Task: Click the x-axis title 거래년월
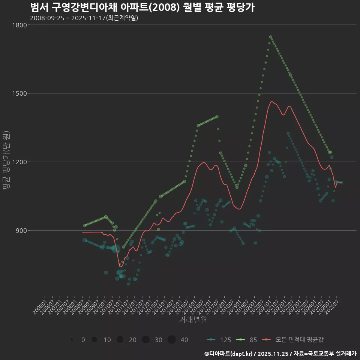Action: click(x=193, y=319)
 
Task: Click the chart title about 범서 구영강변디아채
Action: click(x=142, y=7)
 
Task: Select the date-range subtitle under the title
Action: click(x=84, y=18)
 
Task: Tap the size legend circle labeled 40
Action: click(x=171, y=340)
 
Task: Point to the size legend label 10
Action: click(x=107, y=340)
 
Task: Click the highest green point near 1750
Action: click(x=270, y=37)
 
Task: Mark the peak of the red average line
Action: click(x=271, y=101)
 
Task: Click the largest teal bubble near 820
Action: click(x=115, y=249)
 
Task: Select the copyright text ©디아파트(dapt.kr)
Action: click(x=229, y=354)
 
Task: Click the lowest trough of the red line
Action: click(x=121, y=267)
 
